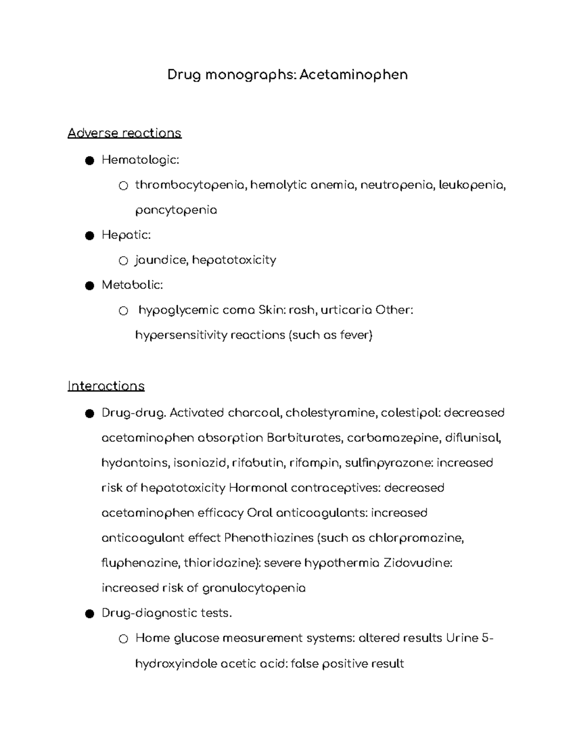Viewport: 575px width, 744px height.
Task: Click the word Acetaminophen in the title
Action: coord(353,75)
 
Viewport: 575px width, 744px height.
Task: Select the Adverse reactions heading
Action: coord(125,133)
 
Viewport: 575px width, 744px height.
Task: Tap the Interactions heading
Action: coord(106,386)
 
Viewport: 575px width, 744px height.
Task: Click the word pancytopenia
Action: coord(176,210)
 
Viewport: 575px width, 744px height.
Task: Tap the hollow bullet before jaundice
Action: coord(123,261)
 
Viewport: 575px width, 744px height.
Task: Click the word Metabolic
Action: coord(132,285)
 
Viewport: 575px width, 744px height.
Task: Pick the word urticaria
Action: coord(346,310)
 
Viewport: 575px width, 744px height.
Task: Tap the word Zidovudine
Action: coord(418,562)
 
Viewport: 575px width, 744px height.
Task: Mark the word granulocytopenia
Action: coord(254,588)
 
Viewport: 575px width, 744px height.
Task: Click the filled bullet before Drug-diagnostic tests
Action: coord(89,614)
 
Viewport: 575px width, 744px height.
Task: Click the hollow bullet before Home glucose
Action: coord(123,639)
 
